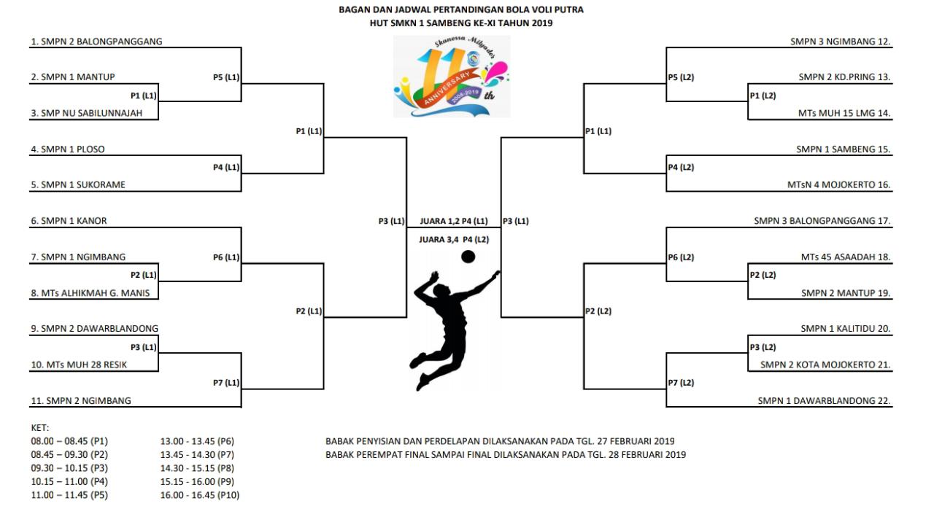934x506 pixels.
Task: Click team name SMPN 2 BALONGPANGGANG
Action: [x=101, y=42]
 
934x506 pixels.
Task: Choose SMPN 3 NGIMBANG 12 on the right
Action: [x=840, y=42]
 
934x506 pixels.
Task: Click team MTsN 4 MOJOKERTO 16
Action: [x=838, y=184]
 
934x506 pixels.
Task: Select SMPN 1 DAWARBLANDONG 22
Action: [x=824, y=400]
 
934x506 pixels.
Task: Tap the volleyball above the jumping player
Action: [x=468, y=257]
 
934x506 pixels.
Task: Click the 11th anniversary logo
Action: [x=452, y=77]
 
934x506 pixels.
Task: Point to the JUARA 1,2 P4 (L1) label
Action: [x=454, y=221]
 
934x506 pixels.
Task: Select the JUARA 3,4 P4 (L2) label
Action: [x=454, y=239]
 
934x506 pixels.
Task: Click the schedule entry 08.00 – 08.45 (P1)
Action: [x=69, y=441]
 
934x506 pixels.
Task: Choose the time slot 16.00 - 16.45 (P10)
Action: [x=200, y=495]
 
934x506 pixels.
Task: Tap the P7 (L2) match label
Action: [x=681, y=383]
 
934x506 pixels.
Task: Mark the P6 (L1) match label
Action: [x=226, y=257]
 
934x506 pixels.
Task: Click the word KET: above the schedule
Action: [x=39, y=428]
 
